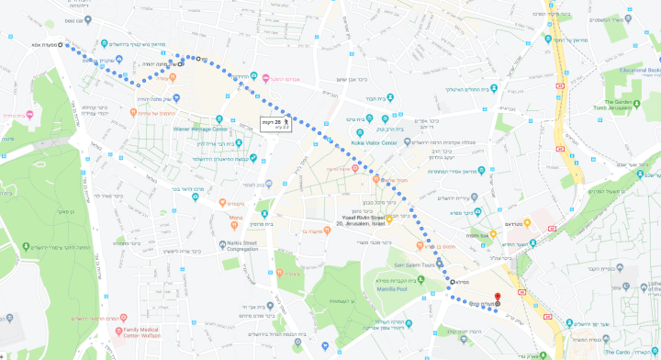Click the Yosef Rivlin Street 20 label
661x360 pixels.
click(x=363, y=219)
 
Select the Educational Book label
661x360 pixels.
click(x=640, y=70)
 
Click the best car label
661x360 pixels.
click(x=74, y=19)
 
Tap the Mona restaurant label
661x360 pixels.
click(x=236, y=218)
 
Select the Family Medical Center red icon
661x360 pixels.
click(x=120, y=329)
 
